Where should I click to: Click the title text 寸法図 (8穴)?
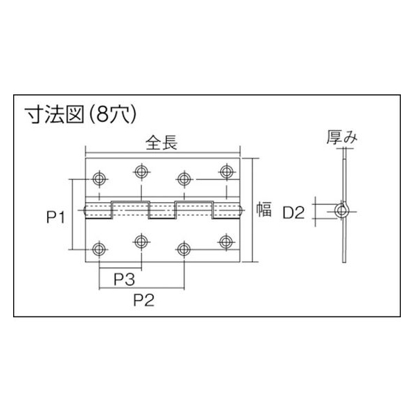tap(80, 115)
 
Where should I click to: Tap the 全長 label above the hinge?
tap(161, 143)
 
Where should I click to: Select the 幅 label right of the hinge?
tap(264, 209)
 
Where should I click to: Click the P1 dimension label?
tap(55, 217)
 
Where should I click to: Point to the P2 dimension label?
tap(144, 300)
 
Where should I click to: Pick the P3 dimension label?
tap(125, 279)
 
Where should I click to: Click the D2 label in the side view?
tap(294, 213)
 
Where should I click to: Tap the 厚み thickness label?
tap(342, 138)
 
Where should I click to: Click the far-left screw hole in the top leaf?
tap(99, 179)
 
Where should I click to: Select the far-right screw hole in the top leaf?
tap(226, 172)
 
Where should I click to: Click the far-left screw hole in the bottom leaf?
tap(99, 249)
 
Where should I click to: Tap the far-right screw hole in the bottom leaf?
tap(226, 242)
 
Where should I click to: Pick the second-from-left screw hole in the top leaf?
tap(141, 172)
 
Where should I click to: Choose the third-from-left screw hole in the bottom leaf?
tap(184, 249)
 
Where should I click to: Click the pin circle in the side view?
tap(342, 211)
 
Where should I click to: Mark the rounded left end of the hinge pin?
tap(85, 210)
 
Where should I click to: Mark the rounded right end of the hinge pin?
tap(241, 210)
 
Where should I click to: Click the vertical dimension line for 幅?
tap(253, 210)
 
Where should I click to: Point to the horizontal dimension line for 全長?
tap(163, 153)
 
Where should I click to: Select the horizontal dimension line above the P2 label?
tap(141, 288)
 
